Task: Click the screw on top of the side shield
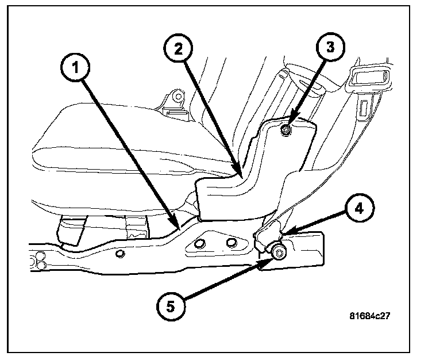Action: point(286,132)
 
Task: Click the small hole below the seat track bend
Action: point(120,254)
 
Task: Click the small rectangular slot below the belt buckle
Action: point(364,107)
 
